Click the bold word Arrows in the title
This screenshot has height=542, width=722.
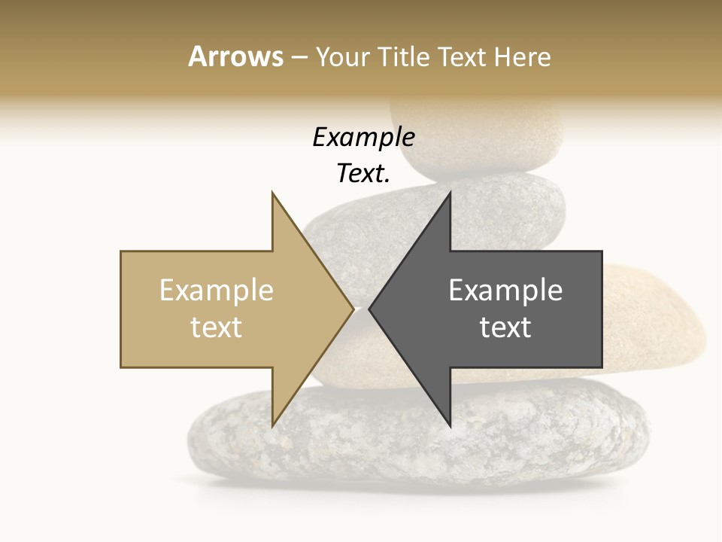coord(235,56)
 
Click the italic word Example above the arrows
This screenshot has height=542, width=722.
coord(363,138)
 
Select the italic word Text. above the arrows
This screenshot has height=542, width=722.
coord(363,174)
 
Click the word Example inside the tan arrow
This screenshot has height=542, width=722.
coord(217,291)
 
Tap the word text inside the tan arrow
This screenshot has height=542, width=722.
coord(217,327)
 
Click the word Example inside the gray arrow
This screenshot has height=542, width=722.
coord(505,291)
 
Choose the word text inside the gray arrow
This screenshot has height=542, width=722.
coord(505,327)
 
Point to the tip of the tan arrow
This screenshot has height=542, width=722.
coord(353,309)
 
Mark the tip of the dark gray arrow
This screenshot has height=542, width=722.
coord(369,309)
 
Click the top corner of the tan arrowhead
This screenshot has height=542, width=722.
coord(272,192)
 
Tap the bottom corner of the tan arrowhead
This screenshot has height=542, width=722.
coord(272,426)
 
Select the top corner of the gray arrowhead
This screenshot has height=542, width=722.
coord(450,192)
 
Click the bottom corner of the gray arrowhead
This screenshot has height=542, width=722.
coord(450,426)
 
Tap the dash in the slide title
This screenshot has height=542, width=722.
coord(299,57)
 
